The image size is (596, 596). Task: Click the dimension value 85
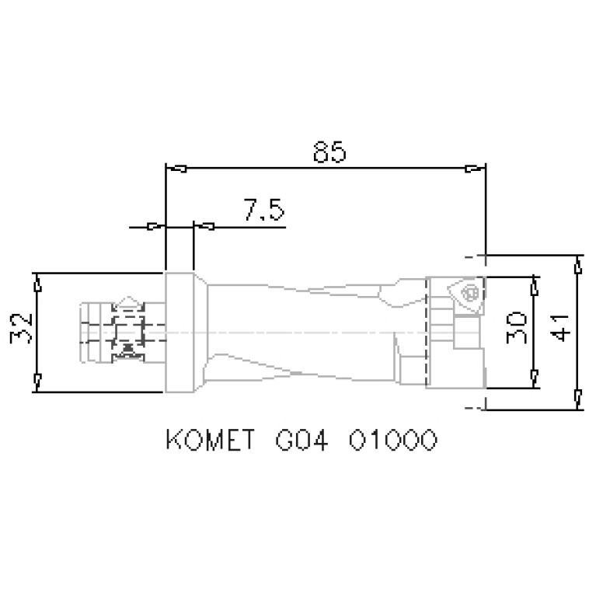[329, 152]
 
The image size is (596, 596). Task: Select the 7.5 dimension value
[263, 211]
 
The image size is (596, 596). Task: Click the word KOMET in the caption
[210, 441]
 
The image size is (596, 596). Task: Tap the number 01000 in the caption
[392, 441]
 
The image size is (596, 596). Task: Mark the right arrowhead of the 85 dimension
[471, 169]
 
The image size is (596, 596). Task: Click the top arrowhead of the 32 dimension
[37, 285]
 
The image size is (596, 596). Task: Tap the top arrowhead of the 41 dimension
[577, 267]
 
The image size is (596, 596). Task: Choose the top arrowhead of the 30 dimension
[534, 288]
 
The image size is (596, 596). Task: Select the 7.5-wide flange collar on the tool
[179, 333]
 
